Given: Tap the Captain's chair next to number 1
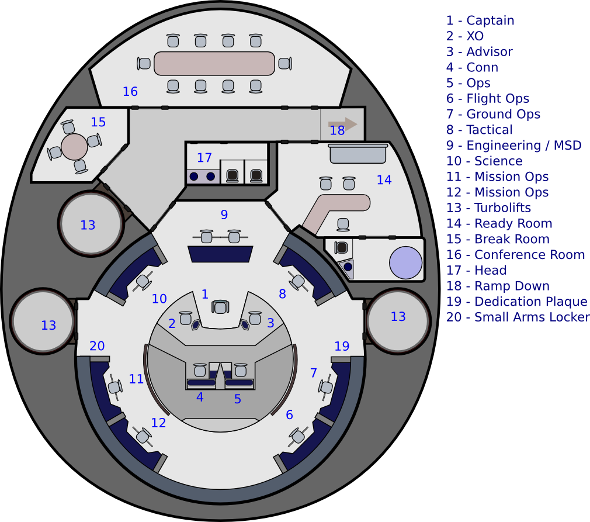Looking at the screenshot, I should [220, 307].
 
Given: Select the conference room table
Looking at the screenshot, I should [214, 63].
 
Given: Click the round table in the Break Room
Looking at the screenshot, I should [74, 146].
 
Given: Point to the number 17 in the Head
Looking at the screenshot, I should [204, 158].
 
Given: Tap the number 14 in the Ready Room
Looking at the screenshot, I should [384, 180].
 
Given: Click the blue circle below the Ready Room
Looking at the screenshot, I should [405, 262].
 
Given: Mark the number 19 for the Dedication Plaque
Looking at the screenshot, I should [341, 346].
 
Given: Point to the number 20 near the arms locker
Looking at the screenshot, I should [97, 346].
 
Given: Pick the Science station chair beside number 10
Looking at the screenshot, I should [143, 282].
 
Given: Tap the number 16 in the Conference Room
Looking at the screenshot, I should [130, 91].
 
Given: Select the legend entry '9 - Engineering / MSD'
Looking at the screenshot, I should [514, 146].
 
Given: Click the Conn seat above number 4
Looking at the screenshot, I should [200, 370].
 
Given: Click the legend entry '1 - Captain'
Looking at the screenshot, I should [481, 20].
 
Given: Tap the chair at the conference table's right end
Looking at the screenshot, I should [284, 63].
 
